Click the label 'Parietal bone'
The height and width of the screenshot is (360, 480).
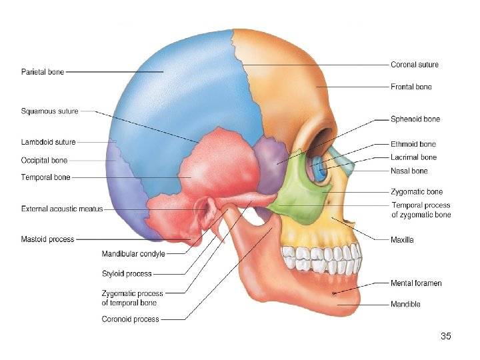pyautogui.click(x=43, y=72)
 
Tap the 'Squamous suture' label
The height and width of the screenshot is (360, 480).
pyautogui.click(x=49, y=111)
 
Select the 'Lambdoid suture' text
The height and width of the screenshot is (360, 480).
pyautogui.click(x=48, y=142)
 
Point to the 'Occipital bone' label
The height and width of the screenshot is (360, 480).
pyautogui.click(x=44, y=160)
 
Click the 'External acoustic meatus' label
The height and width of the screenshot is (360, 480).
pyautogui.click(x=62, y=209)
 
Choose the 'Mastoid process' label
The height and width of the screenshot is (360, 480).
pyautogui.click(x=47, y=239)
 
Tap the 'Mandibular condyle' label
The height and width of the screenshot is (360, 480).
pyautogui.click(x=133, y=253)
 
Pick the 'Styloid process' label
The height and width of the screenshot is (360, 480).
pyautogui.click(x=127, y=273)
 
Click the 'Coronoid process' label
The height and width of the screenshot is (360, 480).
pyautogui.click(x=130, y=319)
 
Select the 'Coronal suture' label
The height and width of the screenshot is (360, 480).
pyautogui.click(x=415, y=65)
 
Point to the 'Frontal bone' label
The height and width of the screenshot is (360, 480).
pyautogui.click(x=411, y=87)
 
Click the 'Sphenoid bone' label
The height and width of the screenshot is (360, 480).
pyautogui.click(x=415, y=119)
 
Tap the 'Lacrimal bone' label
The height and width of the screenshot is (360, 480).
pyautogui.click(x=413, y=157)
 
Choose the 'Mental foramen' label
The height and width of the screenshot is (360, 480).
pyautogui.click(x=416, y=283)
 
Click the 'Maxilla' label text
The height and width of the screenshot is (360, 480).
pyautogui.click(x=402, y=239)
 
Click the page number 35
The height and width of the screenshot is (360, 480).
pyautogui.click(x=446, y=336)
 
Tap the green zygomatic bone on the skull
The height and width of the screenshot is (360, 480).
pyautogui.click(x=303, y=197)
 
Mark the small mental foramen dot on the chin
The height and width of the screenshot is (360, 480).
pyautogui.click(x=333, y=293)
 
